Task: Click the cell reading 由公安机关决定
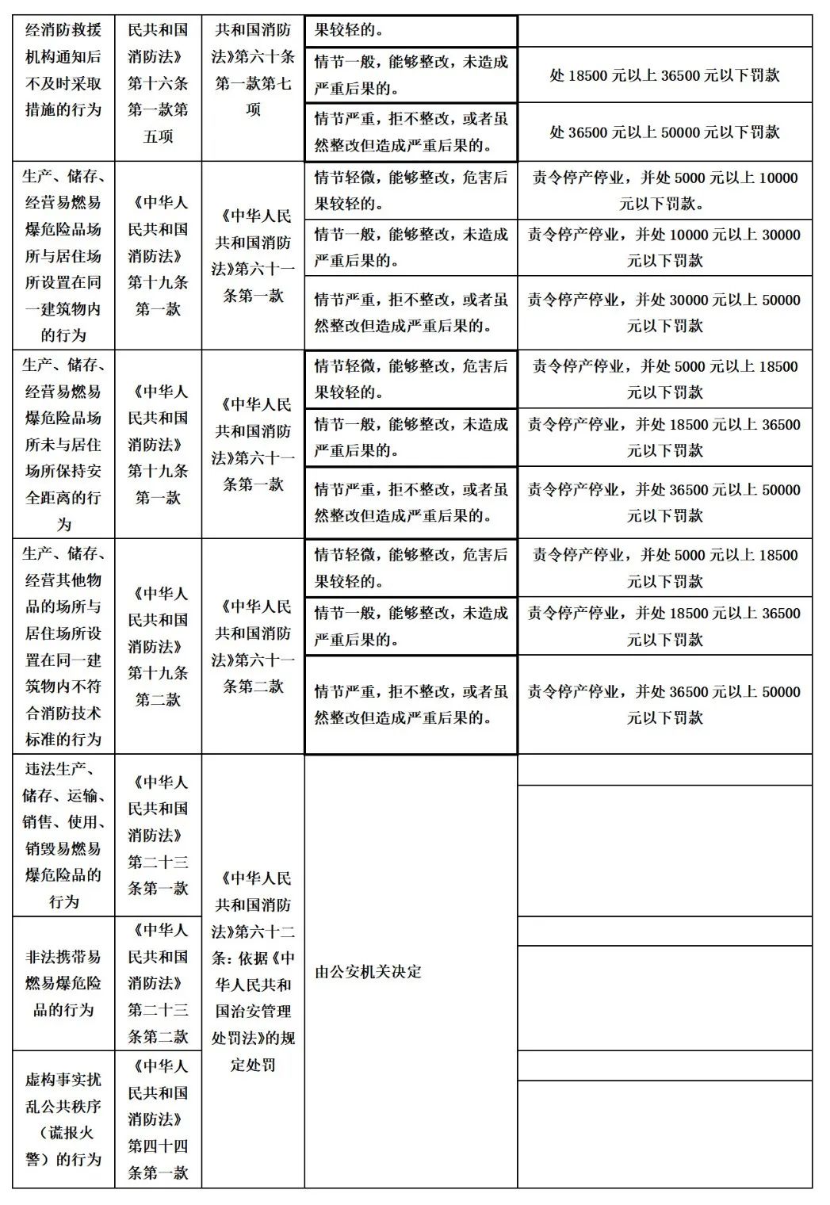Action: click(x=369, y=971)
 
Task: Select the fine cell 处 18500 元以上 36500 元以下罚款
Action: click(x=664, y=75)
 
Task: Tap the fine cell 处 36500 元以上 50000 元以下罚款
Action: click(x=664, y=132)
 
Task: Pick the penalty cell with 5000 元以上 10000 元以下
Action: click(x=664, y=190)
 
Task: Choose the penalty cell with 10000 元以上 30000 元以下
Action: click(x=664, y=247)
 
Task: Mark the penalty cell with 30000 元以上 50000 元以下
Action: click(x=664, y=312)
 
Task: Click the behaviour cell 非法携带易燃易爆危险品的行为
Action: click(x=63, y=983)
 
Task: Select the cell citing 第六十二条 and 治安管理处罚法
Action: click(x=253, y=970)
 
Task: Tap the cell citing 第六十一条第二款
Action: click(x=253, y=646)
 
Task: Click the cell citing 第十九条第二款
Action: click(x=158, y=646)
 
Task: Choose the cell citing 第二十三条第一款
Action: click(x=158, y=835)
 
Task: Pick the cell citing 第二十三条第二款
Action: click(x=158, y=983)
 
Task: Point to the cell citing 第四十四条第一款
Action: click(x=158, y=1119)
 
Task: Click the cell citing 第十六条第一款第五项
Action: click(x=158, y=83)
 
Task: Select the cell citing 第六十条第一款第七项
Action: click(x=253, y=70)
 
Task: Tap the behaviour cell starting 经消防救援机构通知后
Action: click(x=63, y=70)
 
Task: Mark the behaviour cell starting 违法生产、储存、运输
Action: click(x=63, y=835)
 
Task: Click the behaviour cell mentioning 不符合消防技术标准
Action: click(x=63, y=646)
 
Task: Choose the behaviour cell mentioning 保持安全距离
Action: click(x=63, y=444)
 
